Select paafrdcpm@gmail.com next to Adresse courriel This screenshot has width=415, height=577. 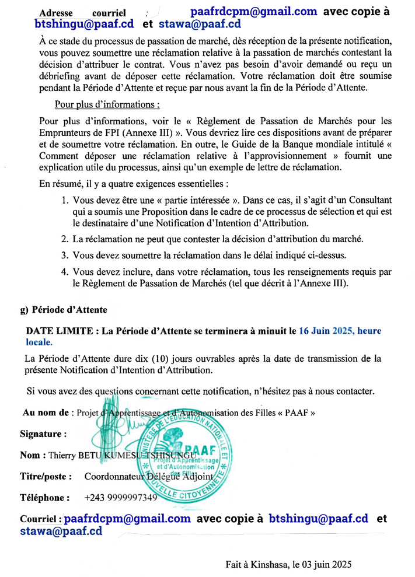coord(254,11)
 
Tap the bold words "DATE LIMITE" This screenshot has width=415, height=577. coord(59,331)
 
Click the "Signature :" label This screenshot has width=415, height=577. coord(43,434)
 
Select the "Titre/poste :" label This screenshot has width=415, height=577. coord(46,477)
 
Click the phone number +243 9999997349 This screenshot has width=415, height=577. coord(121,498)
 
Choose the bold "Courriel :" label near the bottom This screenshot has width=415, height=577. coord(41,519)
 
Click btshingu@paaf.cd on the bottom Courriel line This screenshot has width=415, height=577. coord(318,518)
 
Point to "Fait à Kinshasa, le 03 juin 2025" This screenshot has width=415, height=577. coord(289,564)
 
